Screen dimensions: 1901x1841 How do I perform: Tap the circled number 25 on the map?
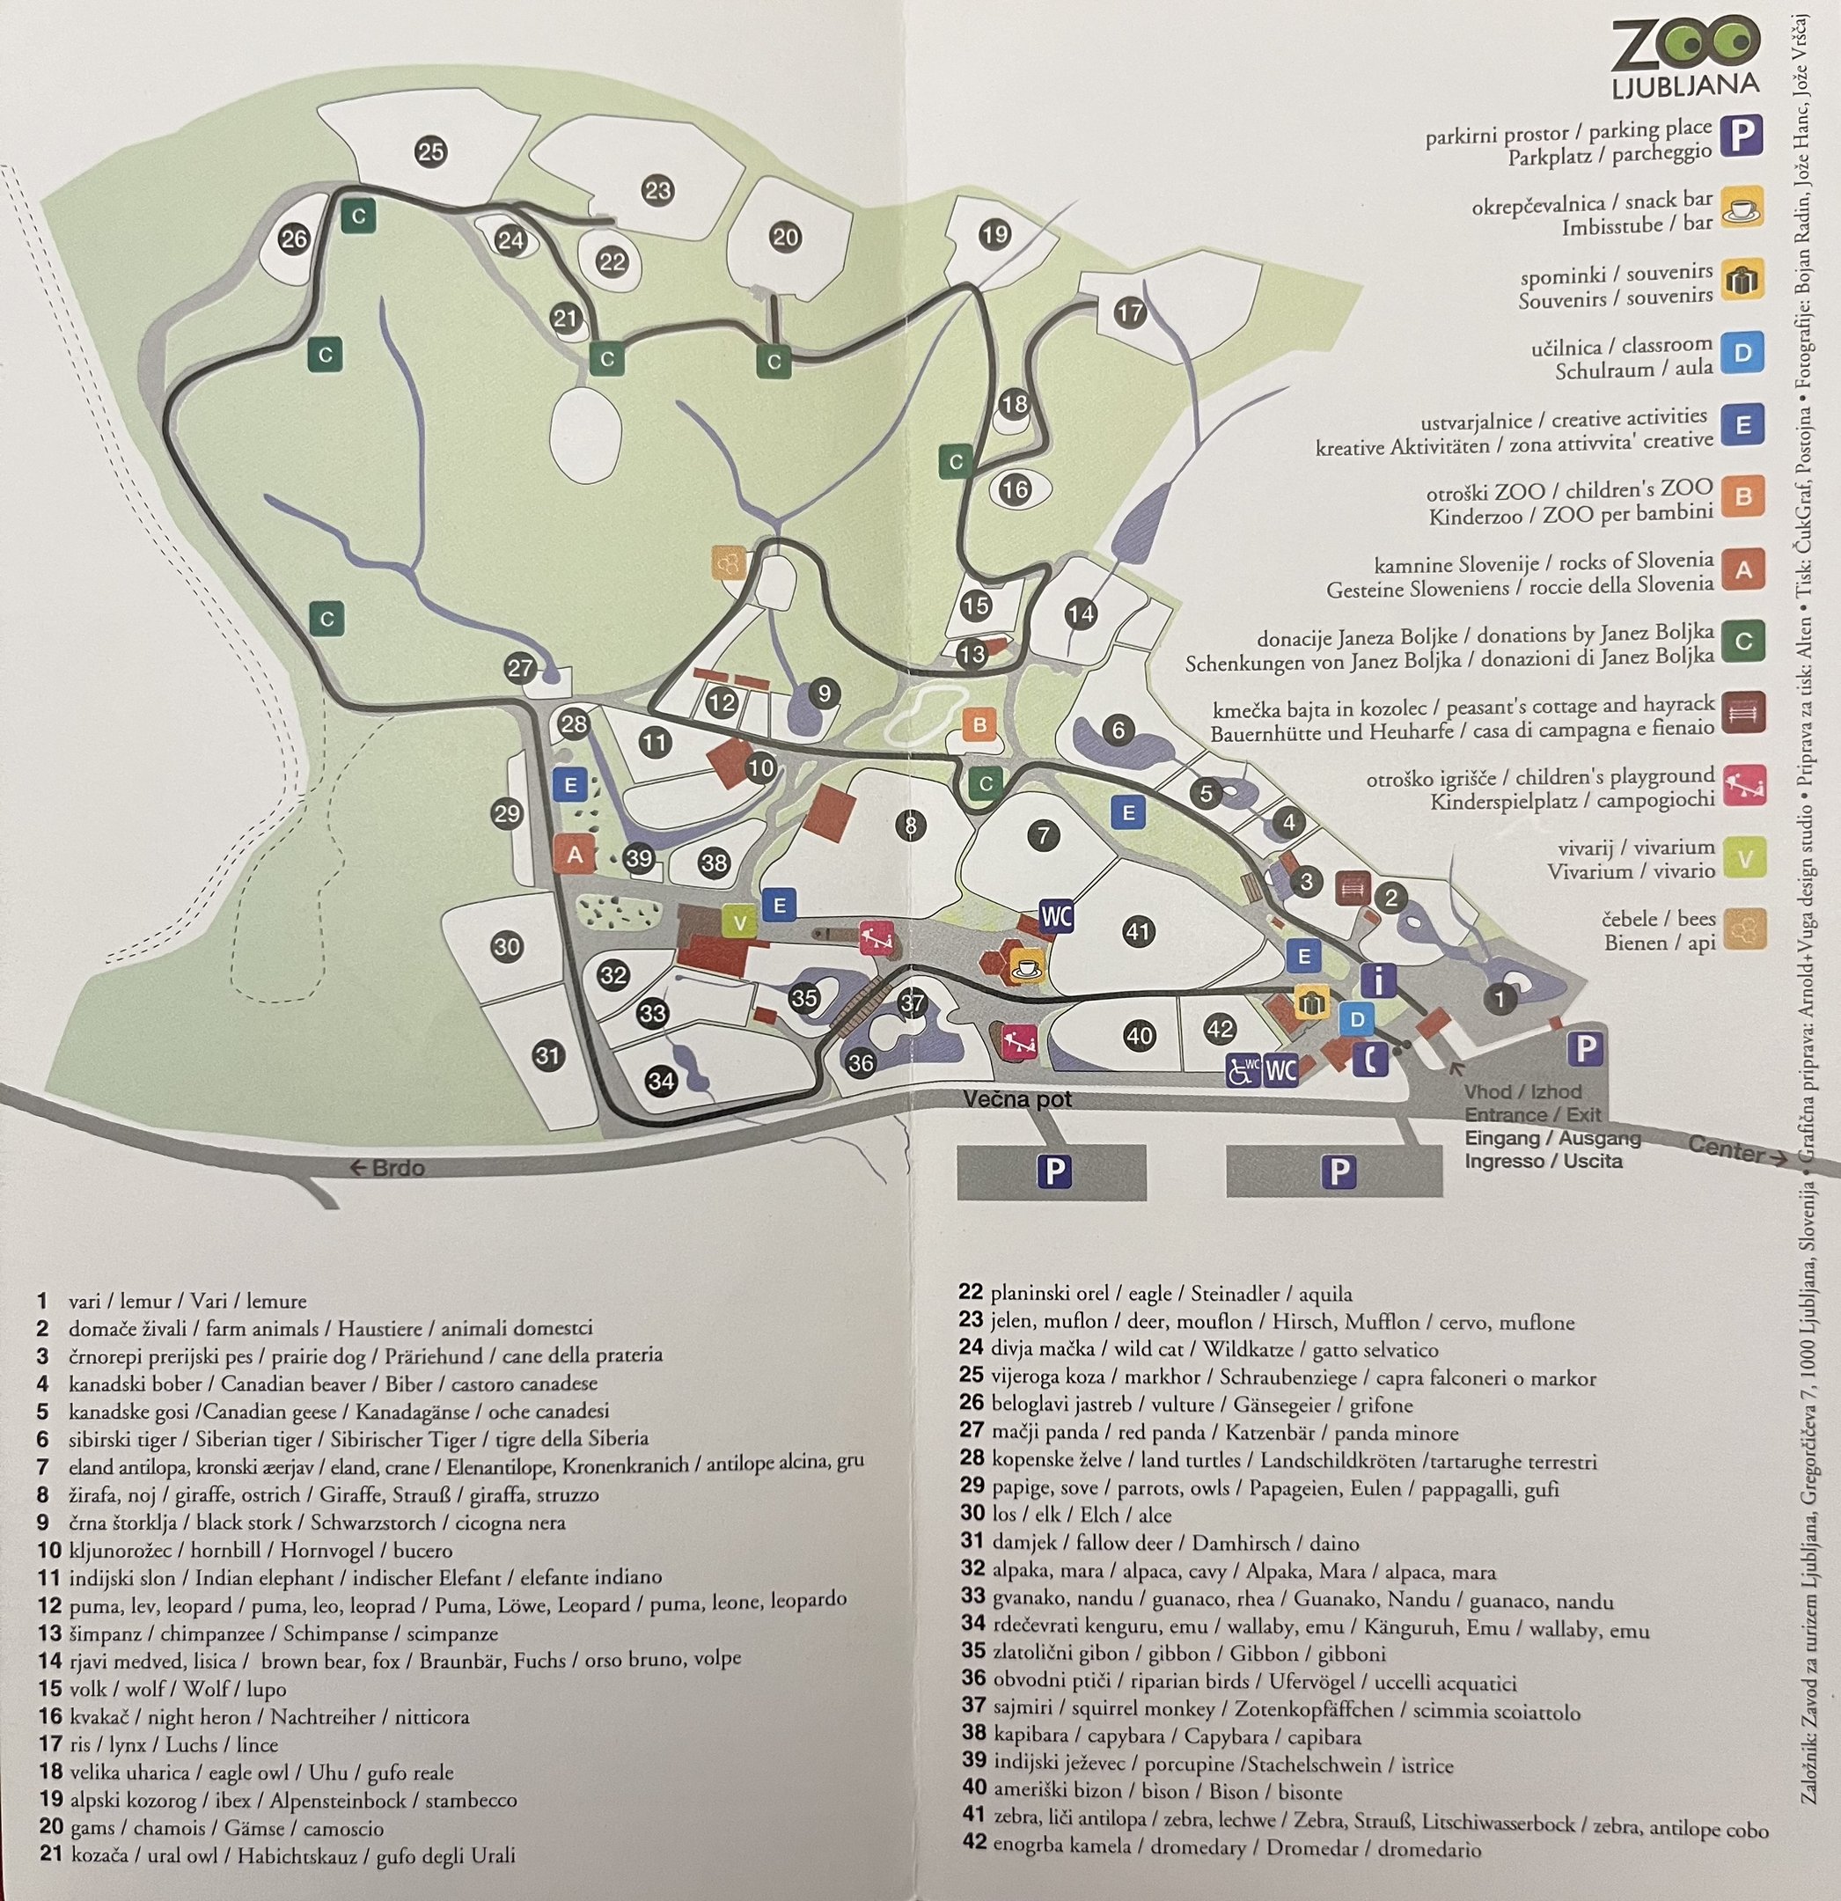430,151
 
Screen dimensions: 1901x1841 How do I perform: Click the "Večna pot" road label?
1017,1099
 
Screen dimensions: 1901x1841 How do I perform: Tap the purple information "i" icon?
1378,980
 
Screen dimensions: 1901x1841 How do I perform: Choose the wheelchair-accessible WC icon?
1243,1068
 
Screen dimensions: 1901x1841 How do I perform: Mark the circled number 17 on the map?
1130,312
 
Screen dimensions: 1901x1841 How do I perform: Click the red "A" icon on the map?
575,855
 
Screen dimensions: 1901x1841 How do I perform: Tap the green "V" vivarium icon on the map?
740,921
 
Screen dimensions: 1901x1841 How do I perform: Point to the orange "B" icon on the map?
979,724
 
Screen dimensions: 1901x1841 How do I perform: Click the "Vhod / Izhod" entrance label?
1522,1092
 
